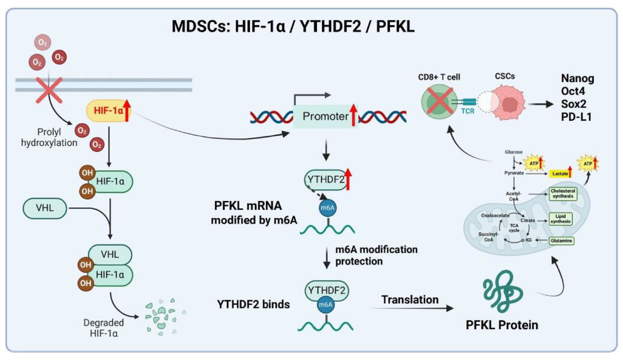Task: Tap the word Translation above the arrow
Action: point(410,299)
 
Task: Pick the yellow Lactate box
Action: point(559,173)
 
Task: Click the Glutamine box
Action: point(561,240)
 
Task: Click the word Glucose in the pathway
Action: point(513,151)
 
